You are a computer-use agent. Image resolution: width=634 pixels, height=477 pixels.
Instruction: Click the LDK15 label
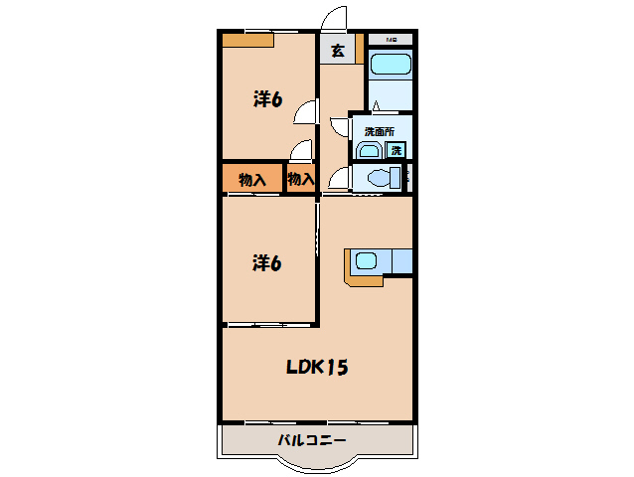pyautogui.click(x=317, y=368)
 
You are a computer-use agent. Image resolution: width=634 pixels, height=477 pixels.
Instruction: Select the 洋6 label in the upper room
pyautogui.click(x=267, y=99)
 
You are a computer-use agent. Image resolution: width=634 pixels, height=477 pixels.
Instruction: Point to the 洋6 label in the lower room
pyautogui.click(x=267, y=263)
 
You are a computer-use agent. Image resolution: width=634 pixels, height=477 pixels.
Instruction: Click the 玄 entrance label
pyautogui.click(x=338, y=52)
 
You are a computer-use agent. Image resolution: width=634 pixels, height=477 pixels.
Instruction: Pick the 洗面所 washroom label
pyautogui.click(x=379, y=131)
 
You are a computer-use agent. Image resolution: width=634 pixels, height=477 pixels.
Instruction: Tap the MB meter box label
pyautogui.click(x=392, y=39)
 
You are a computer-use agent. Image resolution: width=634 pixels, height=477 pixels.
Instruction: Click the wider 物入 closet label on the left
pyautogui.click(x=251, y=180)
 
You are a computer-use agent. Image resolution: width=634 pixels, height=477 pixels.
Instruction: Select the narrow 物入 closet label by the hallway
pyautogui.click(x=301, y=180)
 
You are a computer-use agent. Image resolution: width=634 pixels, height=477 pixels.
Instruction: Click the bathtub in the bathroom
pyautogui.click(x=391, y=66)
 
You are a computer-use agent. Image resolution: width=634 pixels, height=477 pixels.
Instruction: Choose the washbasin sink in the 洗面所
pyautogui.click(x=368, y=151)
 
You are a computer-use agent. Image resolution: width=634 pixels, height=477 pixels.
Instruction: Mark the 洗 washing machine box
pyautogui.click(x=396, y=151)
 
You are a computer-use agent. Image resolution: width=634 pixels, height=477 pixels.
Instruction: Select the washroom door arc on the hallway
pyautogui.click(x=339, y=127)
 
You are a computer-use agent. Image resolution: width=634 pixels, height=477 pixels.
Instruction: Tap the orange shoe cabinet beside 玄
pyautogui.click(x=360, y=51)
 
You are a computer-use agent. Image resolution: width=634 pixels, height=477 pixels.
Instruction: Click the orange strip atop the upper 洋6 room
pyautogui.click(x=246, y=41)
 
